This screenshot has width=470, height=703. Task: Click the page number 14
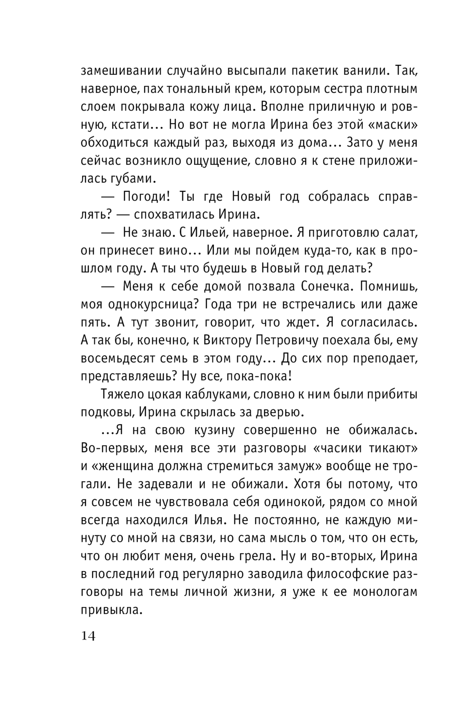pyautogui.click(x=88, y=636)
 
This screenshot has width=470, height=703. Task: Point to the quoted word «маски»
pyautogui.click(x=388, y=125)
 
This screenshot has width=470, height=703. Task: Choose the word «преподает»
pyautogui.click(x=378, y=358)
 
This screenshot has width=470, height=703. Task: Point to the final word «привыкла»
pyautogui.click(x=111, y=609)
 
